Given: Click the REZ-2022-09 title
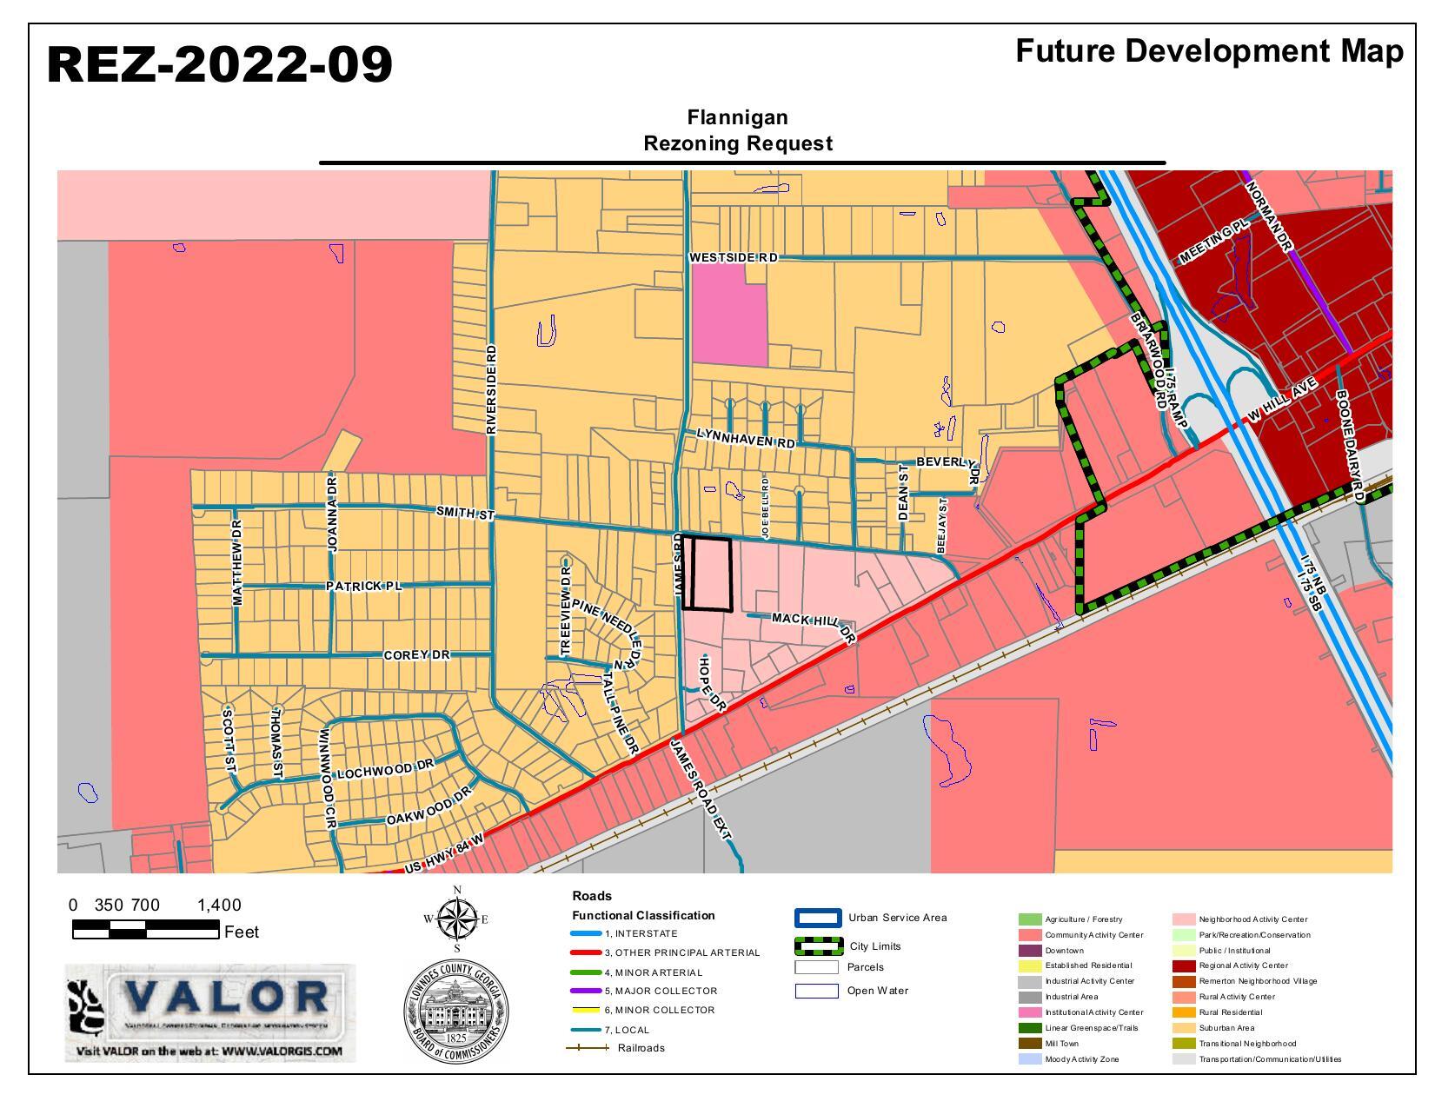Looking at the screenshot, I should (219, 65).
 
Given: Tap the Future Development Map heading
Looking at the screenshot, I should (1209, 51).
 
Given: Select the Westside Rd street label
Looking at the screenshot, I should (733, 258).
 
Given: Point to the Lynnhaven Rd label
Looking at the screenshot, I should (746, 437).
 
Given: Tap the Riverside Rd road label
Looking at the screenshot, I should (491, 389).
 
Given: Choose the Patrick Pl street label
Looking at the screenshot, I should (364, 587).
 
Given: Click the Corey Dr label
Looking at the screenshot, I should (416, 654).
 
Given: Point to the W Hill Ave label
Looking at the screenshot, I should (1281, 401).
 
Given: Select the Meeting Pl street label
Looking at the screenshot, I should (1212, 241).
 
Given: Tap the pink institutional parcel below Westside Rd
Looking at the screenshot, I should (731, 315).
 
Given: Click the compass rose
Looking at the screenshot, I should (457, 919).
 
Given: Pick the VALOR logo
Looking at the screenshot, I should (210, 1012).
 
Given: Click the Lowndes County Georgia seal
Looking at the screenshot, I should (456, 1013).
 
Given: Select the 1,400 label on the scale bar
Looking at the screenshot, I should (219, 906).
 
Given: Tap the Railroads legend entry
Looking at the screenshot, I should (615, 1048).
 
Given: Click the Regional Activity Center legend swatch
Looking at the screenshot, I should (1183, 965).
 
